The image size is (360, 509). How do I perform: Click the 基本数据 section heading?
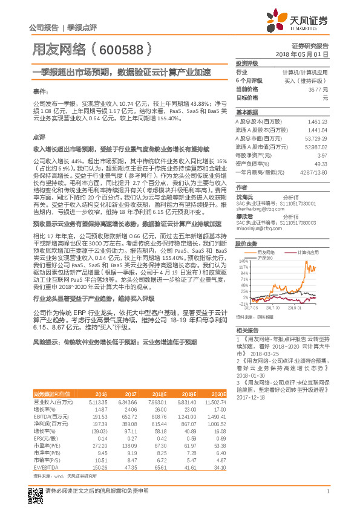pyautogui.click(x=246, y=112)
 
